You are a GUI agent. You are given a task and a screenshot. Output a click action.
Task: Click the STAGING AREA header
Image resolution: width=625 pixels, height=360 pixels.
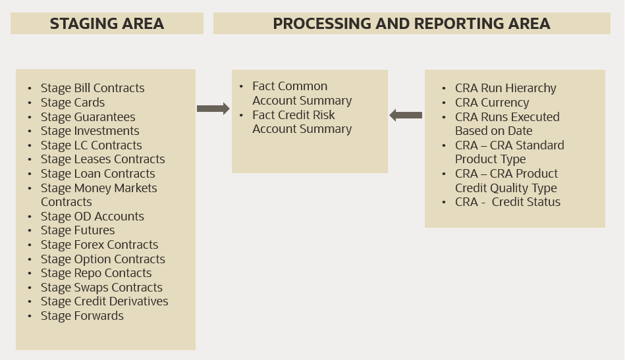[107, 24]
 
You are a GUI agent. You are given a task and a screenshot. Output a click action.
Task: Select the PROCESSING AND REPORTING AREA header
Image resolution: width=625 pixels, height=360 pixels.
[412, 24]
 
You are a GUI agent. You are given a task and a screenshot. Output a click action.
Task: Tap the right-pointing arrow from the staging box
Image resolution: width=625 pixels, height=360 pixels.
[213, 109]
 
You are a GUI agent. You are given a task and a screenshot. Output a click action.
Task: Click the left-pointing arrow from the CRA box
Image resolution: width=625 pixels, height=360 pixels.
[406, 115]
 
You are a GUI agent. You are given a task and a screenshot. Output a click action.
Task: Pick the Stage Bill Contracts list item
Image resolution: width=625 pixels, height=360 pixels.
[92, 88]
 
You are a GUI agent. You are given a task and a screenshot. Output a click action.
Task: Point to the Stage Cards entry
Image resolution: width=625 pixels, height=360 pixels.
[72, 103]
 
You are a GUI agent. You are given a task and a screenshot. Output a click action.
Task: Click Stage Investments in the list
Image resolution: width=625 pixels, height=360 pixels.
[90, 131]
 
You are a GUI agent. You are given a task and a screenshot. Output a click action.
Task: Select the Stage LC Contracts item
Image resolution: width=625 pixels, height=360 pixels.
[91, 145]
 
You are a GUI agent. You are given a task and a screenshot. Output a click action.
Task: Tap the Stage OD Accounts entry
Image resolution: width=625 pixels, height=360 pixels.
[92, 217]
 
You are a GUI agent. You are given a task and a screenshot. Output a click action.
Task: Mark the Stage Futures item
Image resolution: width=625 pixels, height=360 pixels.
[78, 230]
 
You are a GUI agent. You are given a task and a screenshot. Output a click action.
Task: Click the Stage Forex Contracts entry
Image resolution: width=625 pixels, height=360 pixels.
[99, 245]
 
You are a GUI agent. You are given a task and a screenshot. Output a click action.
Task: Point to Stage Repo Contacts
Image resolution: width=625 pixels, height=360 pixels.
[96, 273]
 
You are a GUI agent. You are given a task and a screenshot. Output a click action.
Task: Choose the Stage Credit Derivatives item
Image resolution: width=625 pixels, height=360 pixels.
[104, 301]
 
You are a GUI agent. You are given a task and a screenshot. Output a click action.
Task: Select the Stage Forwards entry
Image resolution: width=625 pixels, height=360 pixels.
[82, 316]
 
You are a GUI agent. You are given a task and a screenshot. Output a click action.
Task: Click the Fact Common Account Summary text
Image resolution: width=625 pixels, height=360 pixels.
[302, 93]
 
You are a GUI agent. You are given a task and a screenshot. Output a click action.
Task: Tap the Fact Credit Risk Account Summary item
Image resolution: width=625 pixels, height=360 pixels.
[302, 122]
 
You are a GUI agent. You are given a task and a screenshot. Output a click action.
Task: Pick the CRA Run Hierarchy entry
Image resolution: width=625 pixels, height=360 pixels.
[505, 88]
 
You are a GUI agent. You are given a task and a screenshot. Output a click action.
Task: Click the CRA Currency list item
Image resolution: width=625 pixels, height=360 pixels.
[491, 103]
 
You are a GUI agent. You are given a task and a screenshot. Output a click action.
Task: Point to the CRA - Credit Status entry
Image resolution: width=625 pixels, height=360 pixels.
[507, 202]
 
